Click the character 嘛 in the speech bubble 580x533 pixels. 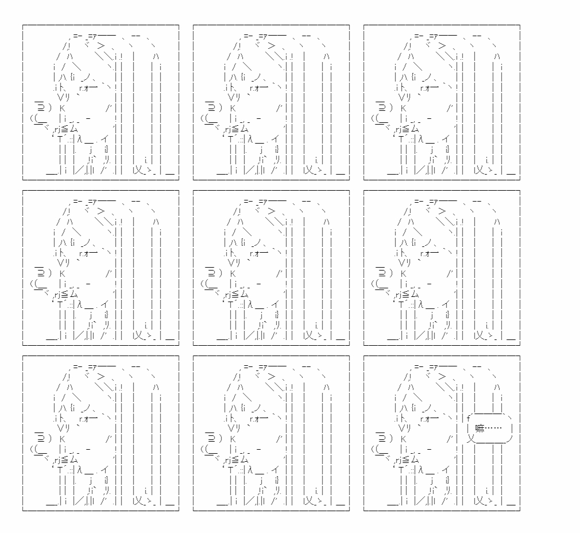480,428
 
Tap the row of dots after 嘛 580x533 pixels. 493,428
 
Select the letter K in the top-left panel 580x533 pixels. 62,109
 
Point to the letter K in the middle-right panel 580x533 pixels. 403,274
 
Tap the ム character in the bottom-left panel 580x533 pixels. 74,459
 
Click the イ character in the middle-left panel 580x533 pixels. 105,304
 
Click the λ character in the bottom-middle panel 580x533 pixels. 250,470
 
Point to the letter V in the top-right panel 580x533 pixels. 401,97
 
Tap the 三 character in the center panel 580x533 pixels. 211,273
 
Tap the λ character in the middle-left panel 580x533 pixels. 79,305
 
